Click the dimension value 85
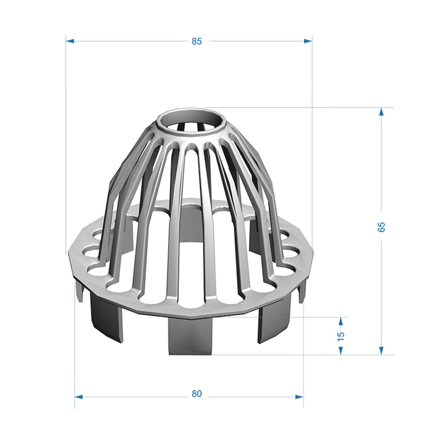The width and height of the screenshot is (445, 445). pyautogui.click(x=197, y=41)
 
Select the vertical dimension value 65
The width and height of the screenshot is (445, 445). pyautogui.click(x=381, y=227)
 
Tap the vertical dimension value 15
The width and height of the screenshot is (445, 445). pyautogui.click(x=341, y=336)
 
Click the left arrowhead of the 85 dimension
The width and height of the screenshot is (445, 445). pyautogui.click(x=70, y=41)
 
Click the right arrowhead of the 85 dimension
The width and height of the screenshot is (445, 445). pyautogui.click(x=308, y=41)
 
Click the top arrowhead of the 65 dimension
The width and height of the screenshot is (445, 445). pyautogui.click(x=381, y=112)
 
